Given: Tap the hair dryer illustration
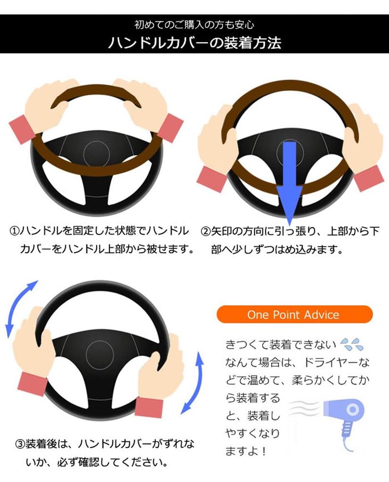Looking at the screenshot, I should pos(348,414).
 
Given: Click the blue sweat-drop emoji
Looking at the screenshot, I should pos(351,345).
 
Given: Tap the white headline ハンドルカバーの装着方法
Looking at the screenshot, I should pos(194,42).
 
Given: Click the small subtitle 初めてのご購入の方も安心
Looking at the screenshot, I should pos(194,24).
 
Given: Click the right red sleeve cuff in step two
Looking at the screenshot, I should pos(369,178).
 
